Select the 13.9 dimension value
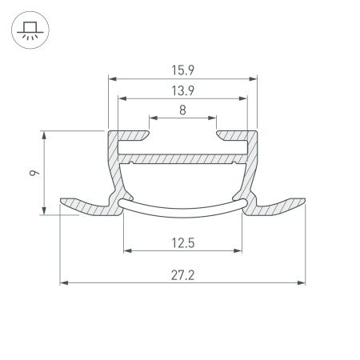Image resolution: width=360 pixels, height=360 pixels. click(182, 90)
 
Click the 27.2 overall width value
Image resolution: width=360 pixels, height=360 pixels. click(182, 274)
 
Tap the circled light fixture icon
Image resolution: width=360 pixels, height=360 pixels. click(30, 30)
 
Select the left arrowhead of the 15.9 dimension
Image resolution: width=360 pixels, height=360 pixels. click(111, 79)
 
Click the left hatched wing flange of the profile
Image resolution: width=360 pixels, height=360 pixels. click(84, 206)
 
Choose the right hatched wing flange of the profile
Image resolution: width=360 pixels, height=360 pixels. click(280, 206)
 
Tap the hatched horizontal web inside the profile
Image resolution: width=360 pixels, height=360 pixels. click(182, 158)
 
